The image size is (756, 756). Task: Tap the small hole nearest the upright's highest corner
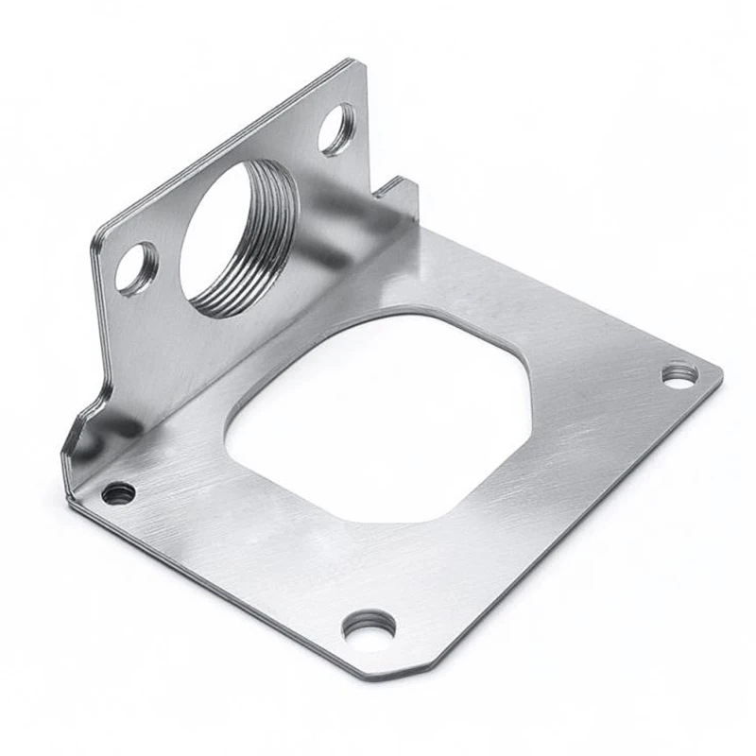[x=337, y=129]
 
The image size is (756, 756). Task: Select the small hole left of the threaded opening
[x=137, y=268]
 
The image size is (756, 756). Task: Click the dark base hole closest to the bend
[x=119, y=492]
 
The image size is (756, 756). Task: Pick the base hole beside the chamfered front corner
[x=369, y=627]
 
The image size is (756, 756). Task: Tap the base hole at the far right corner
[x=679, y=374]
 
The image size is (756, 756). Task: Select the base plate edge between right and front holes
[x=567, y=529]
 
